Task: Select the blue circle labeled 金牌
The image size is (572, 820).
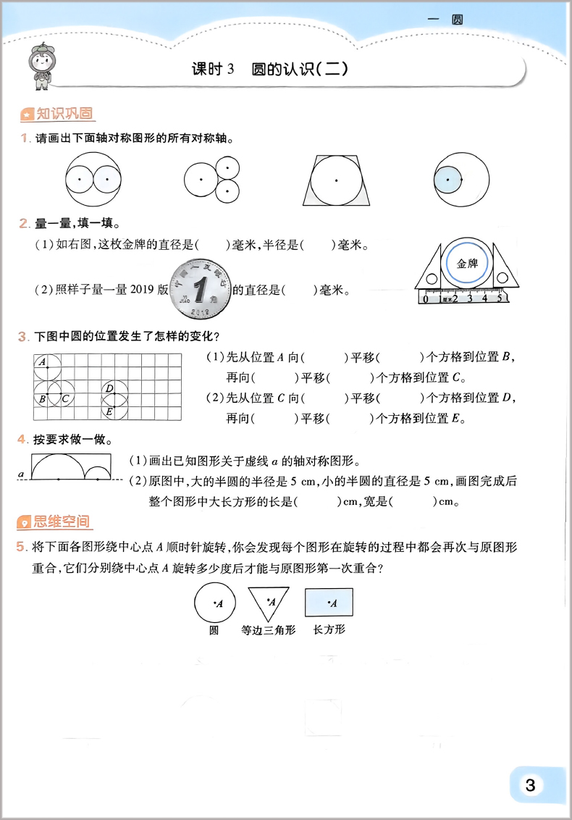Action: click(467, 264)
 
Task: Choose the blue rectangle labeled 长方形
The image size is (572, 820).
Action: click(329, 603)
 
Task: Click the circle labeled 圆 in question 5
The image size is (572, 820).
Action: click(214, 603)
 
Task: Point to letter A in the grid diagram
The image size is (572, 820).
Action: click(42, 361)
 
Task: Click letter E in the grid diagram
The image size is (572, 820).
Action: click(109, 411)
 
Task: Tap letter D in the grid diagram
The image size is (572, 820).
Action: click(109, 389)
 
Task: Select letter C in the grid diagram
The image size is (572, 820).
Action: click(64, 398)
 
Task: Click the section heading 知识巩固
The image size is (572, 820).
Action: click(58, 114)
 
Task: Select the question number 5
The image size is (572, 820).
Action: click(22, 547)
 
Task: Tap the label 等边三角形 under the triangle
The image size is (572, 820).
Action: click(269, 630)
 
